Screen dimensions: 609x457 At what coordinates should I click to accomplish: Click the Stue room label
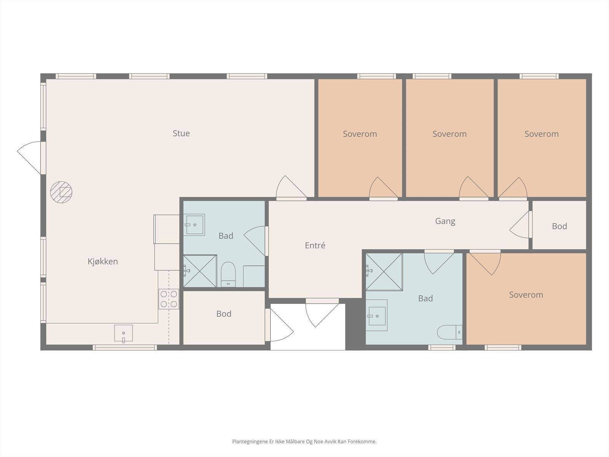point(181,133)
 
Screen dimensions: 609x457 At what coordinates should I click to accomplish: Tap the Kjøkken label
point(103,261)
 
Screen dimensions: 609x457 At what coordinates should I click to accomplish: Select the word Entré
point(315,245)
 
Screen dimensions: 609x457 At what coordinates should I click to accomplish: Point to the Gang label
point(445,221)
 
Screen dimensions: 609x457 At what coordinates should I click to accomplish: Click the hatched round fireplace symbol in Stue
point(61,192)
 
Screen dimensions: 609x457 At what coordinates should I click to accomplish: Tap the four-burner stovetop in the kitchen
point(169,299)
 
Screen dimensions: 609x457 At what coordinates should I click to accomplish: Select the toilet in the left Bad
point(228,274)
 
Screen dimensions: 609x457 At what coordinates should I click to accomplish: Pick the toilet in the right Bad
point(450,332)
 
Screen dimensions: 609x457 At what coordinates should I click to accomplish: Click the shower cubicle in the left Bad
point(200,271)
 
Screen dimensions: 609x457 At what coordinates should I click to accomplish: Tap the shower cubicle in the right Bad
point(384,272)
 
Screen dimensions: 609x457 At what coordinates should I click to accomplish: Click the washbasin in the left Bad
point(194,225)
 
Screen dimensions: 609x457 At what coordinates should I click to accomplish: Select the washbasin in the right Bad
point(376,315)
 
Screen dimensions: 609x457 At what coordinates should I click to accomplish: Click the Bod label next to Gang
point(560,227)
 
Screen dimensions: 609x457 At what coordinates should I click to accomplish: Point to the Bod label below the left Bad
point(224,314)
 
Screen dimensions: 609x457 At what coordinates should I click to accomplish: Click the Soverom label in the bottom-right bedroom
point(526,295)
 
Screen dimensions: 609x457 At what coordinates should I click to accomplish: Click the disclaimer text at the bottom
point(304,441)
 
